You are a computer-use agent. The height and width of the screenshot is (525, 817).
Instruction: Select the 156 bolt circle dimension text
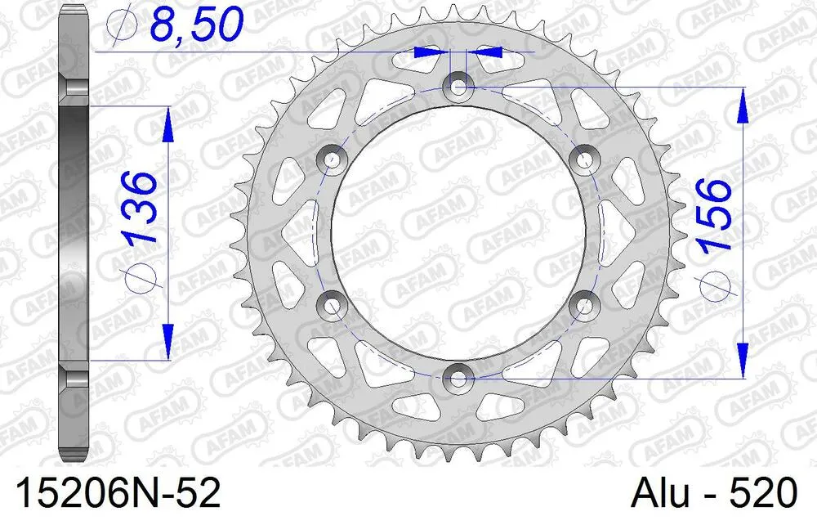pyautogui.click(x=712, y=214)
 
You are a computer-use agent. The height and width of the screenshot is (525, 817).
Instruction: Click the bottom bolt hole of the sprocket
pyautogui.click(x=458, y=378)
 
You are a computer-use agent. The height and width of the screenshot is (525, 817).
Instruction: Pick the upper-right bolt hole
pyautogui.click(x=584, y=158)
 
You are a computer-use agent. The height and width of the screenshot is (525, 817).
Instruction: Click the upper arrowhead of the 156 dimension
pyautogui.click(x=742, y=105)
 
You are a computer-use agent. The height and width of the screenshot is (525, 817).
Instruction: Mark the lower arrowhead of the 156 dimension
pyautogui.click(x=742, y=360)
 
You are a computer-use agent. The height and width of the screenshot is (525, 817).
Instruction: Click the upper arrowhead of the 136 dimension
pyautogui.click(x=168, y=124)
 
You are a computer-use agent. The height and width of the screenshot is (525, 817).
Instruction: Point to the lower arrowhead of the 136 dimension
pyautogui.click(x=168, y=342)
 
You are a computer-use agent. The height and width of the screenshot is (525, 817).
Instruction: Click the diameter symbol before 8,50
pyautogui.click(x=123, y=26)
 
